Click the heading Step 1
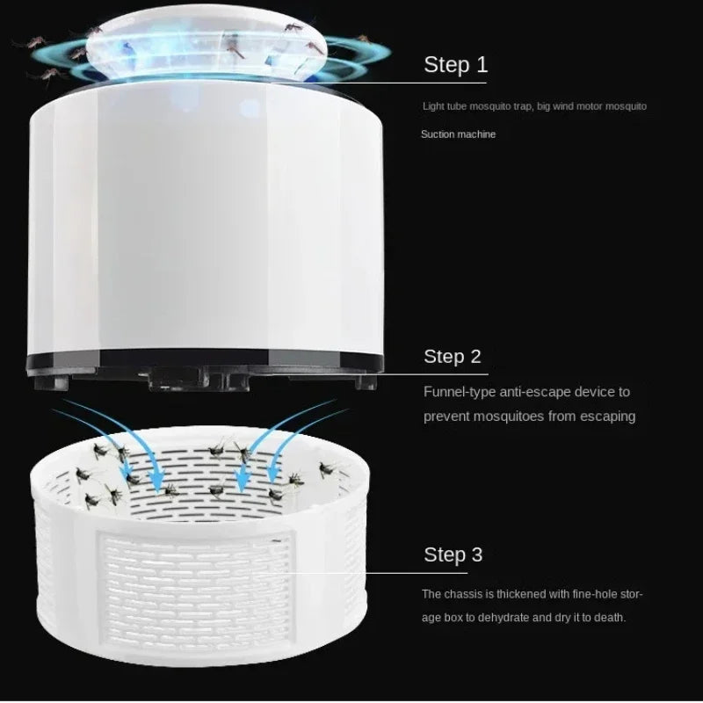point(455,64)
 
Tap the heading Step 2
point(453,356)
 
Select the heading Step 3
point(453,554)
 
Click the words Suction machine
point(458,134)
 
